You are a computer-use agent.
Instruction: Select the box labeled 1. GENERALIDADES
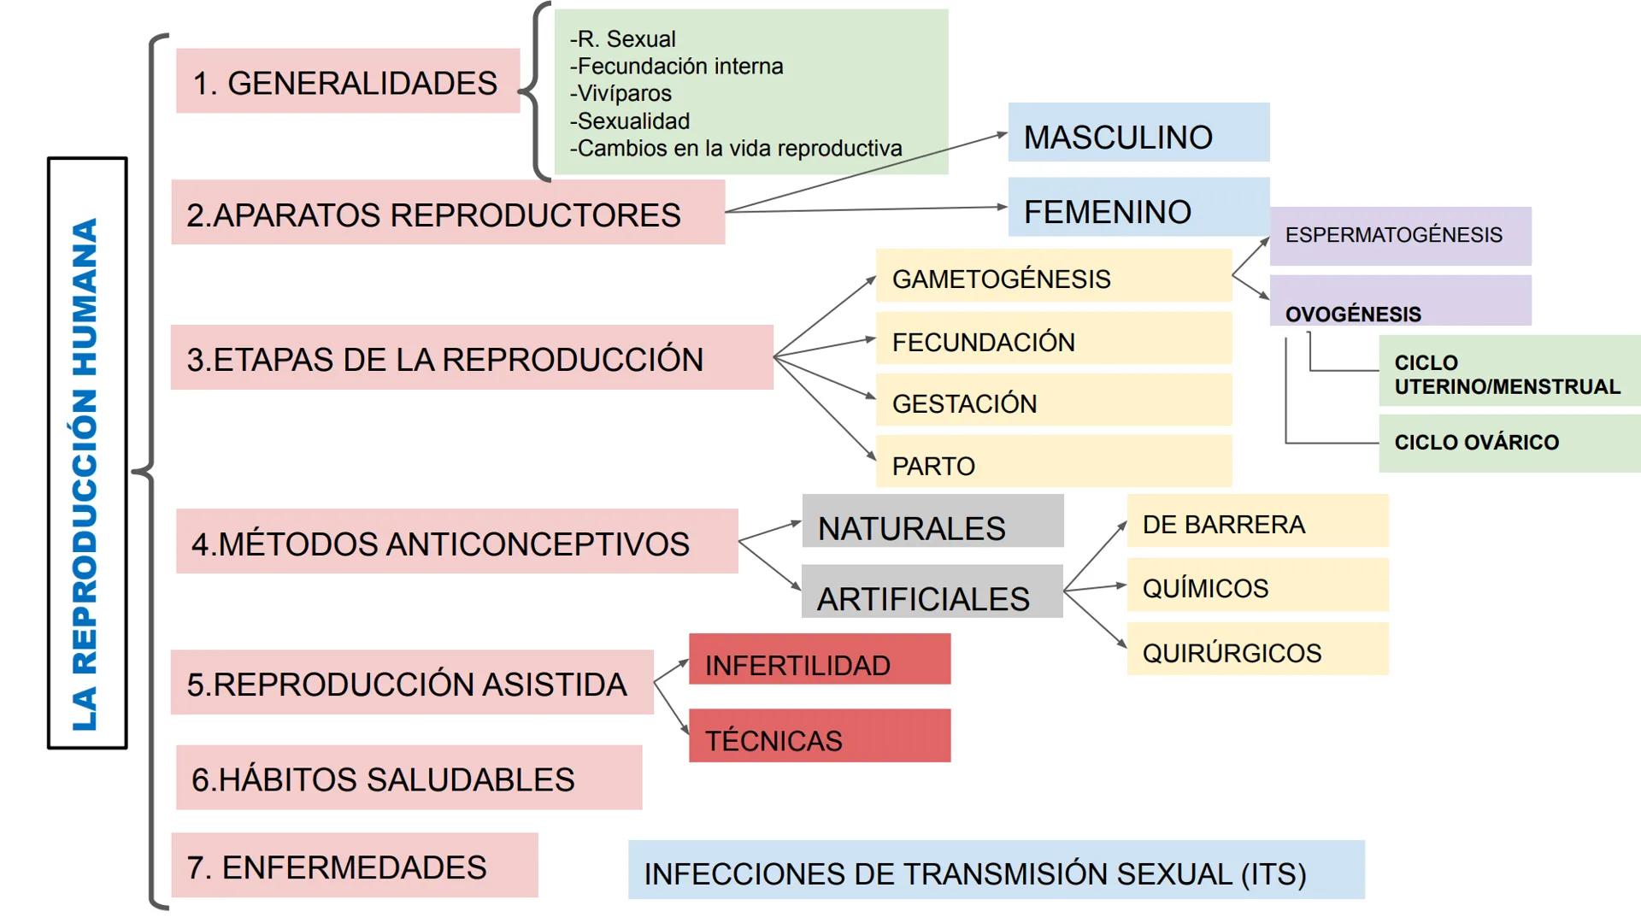tap(347, 81)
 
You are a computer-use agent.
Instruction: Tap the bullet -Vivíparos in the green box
tap(621, 93)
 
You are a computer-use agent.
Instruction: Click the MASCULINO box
tap(1138, 133)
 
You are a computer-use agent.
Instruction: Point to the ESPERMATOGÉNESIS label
tap(1393, 235)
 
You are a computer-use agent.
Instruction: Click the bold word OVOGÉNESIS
tap(1353, 314)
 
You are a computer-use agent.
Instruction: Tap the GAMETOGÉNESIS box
tap(1053, 276)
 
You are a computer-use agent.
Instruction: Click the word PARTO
tap(933, 466)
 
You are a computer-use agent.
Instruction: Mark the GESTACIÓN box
tap(1053, 401)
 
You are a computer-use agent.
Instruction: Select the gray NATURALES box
tap(932, 522)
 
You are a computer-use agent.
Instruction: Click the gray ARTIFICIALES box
tap(932, 593)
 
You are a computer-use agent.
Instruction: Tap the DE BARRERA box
tap(1257, 522)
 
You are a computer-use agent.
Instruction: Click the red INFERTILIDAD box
tap(819, 660)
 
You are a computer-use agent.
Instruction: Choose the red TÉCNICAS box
tap(819, 737)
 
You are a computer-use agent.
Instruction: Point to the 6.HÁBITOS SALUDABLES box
tap(409, 778)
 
